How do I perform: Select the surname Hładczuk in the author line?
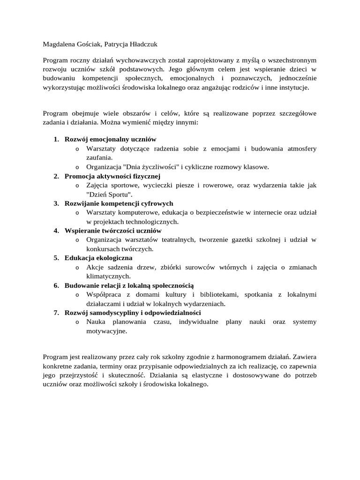tap(140, 45)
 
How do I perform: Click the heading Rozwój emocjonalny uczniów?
tap(110, 140)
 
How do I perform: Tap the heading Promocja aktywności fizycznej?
tap(112, 176)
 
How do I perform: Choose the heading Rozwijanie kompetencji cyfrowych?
tap(119, 203)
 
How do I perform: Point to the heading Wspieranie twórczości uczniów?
tap(113, 231)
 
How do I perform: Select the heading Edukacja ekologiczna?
tap(98, 258)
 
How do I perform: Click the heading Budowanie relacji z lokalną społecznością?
tap(129, 285)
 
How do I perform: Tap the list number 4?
tap(56, 231)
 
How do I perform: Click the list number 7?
tap(56, 312)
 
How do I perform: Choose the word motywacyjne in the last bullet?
tap(106, 330)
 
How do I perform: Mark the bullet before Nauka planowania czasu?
tap(77, 322)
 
